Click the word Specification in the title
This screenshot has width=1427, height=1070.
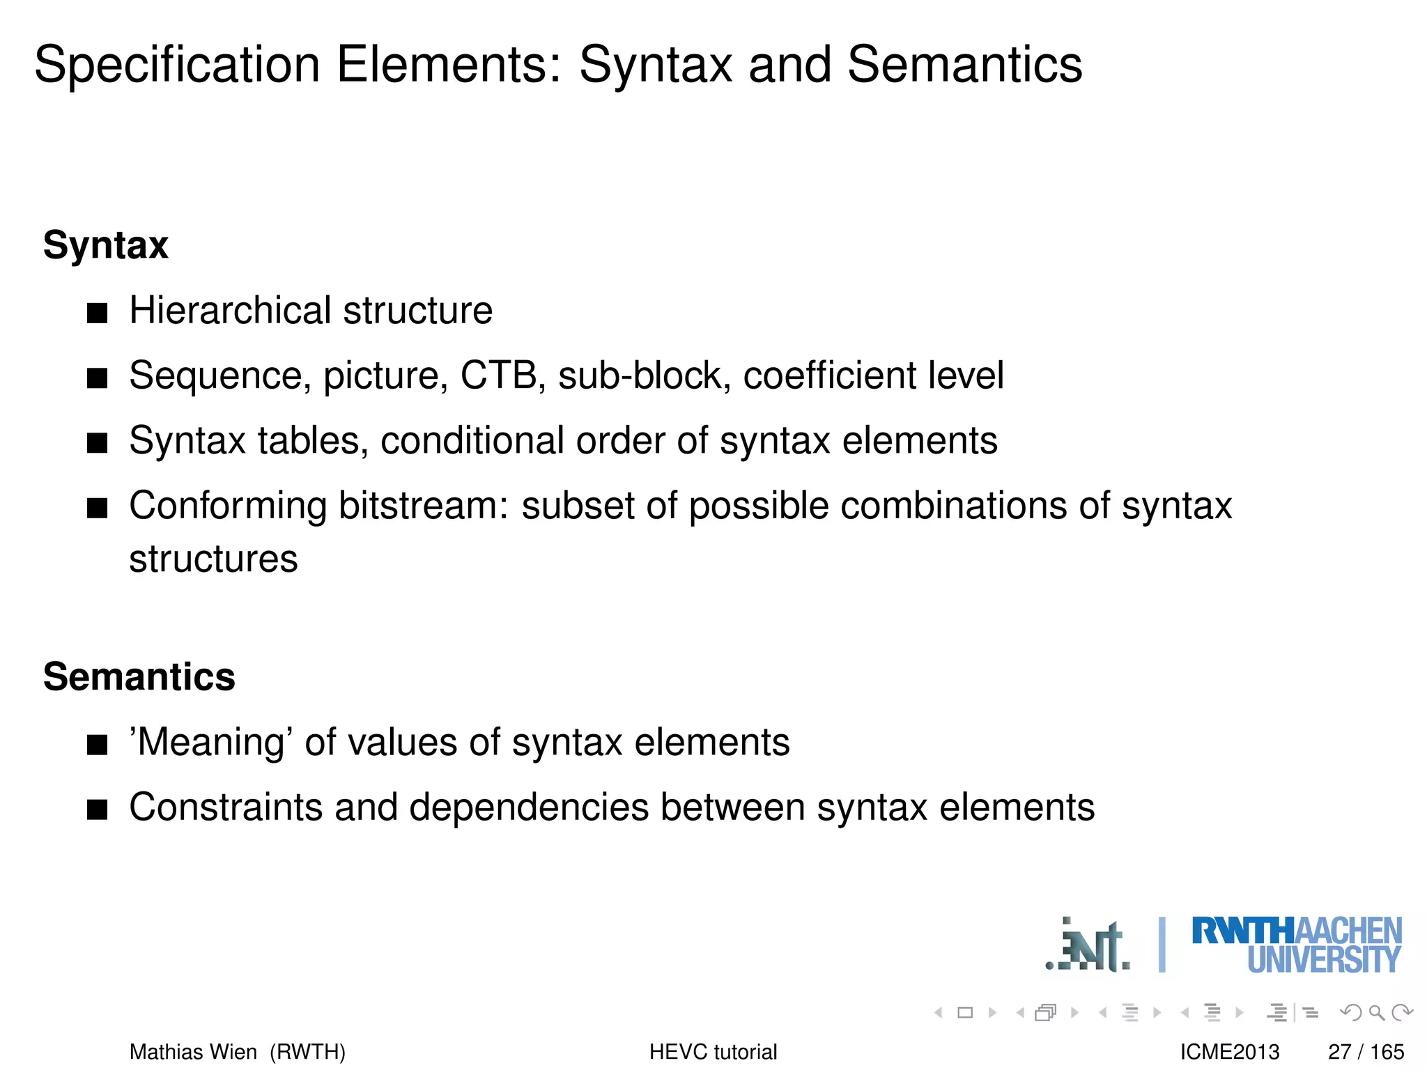(177, 65)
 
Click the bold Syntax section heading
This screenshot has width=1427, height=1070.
(106, 245)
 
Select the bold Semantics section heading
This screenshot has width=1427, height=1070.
(139, 677)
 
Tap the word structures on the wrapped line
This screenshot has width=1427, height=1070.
(213, 559)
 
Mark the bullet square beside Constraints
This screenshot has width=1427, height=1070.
(98, 810)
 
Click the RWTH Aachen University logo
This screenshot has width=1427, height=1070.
(1296, 945)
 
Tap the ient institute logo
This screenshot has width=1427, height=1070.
(1088, 947)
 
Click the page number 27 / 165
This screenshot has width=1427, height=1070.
(1366, 1051)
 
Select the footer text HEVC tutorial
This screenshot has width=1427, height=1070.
(713, 1051)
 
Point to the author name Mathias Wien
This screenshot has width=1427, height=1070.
(193, 1051)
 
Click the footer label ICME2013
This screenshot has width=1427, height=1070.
(1230, 1051)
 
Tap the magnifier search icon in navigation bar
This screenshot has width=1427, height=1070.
(1376, 1012)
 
